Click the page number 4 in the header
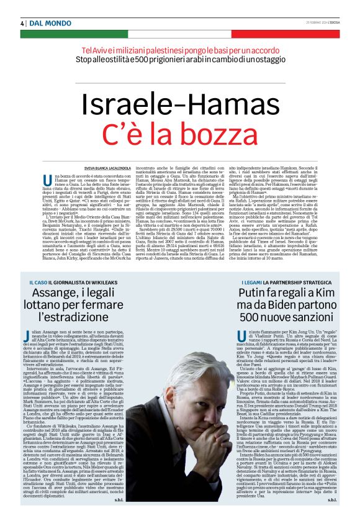(x=22, y=23)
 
